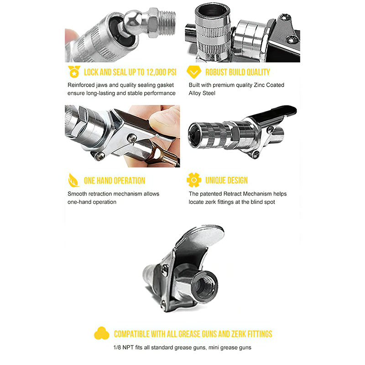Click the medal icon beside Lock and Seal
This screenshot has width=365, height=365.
(74, 72)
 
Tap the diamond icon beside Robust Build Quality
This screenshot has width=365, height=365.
(193, 72)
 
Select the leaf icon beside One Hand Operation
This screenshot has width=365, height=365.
(73, 180)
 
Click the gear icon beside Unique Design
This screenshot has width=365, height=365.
(193, 180)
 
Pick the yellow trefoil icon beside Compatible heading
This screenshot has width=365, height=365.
(101, 333)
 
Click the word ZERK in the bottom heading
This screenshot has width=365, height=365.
(238, 334)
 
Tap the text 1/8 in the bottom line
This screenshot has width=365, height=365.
(117, 348)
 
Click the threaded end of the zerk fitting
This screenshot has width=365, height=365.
(167, 22)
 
